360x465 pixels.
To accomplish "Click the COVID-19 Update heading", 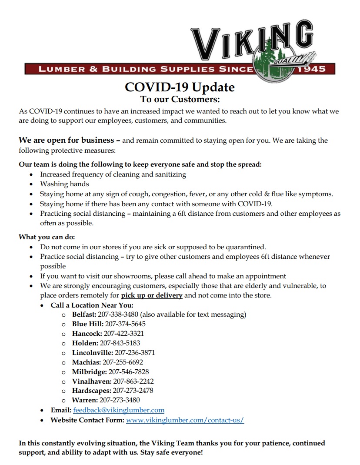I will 180,87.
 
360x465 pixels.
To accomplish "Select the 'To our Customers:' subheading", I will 180,100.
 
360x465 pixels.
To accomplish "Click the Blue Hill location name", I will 87,324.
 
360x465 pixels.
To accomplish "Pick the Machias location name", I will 86,362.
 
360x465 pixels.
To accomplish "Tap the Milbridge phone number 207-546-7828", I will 129,372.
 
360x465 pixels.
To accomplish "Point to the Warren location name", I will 85,400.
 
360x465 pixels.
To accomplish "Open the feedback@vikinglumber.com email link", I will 119,410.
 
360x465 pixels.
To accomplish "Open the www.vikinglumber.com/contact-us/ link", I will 185,420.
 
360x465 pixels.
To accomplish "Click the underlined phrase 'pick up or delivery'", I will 151,296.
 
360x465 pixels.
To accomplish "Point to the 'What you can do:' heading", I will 47,237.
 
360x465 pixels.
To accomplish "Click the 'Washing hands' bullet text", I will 64,184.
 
